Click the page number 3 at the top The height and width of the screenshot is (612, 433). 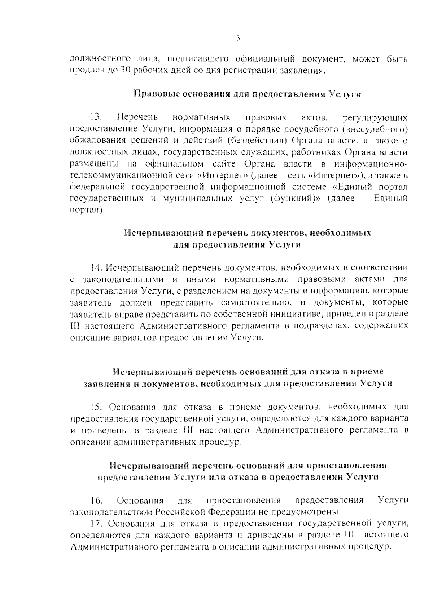point(238,38)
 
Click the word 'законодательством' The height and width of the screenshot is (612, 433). point(111,512)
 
